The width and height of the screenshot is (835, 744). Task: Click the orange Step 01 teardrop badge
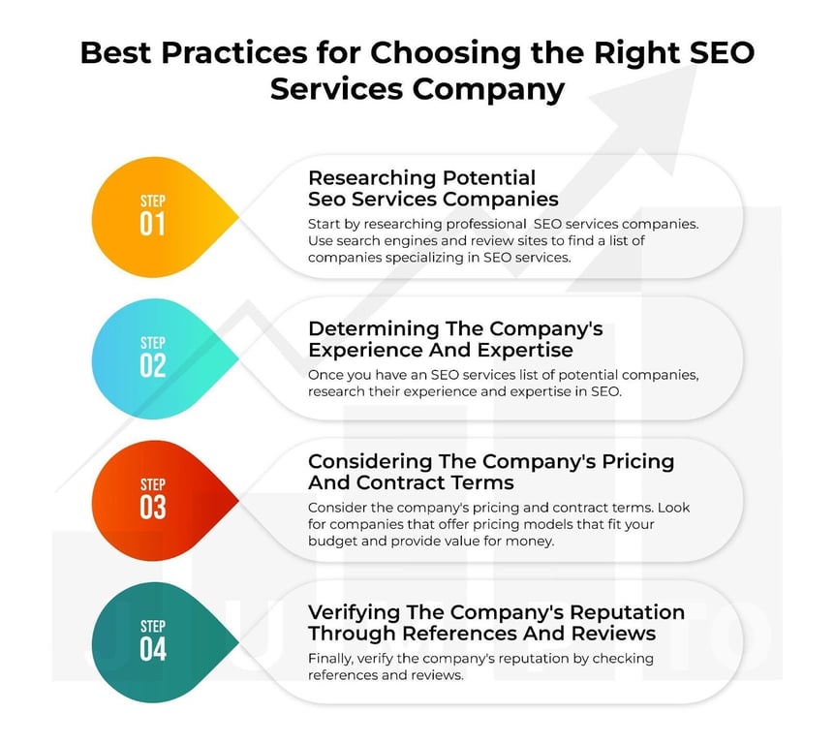(160, 217)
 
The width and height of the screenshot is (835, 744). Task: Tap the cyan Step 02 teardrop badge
(160, 358)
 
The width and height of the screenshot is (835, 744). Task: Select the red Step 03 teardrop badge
(160, 501)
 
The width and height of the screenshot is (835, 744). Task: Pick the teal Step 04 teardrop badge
(160, 642)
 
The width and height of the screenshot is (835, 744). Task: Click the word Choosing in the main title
(446, 54)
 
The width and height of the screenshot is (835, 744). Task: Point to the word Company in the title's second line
(488, 89)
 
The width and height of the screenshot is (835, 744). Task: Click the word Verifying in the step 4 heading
(355, 613)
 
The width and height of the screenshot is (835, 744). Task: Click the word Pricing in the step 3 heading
(638, 462)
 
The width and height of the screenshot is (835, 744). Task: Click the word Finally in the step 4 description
(330, 660)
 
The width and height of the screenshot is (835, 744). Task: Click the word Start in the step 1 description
(323, 224)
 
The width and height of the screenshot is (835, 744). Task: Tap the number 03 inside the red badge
(153, 507)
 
